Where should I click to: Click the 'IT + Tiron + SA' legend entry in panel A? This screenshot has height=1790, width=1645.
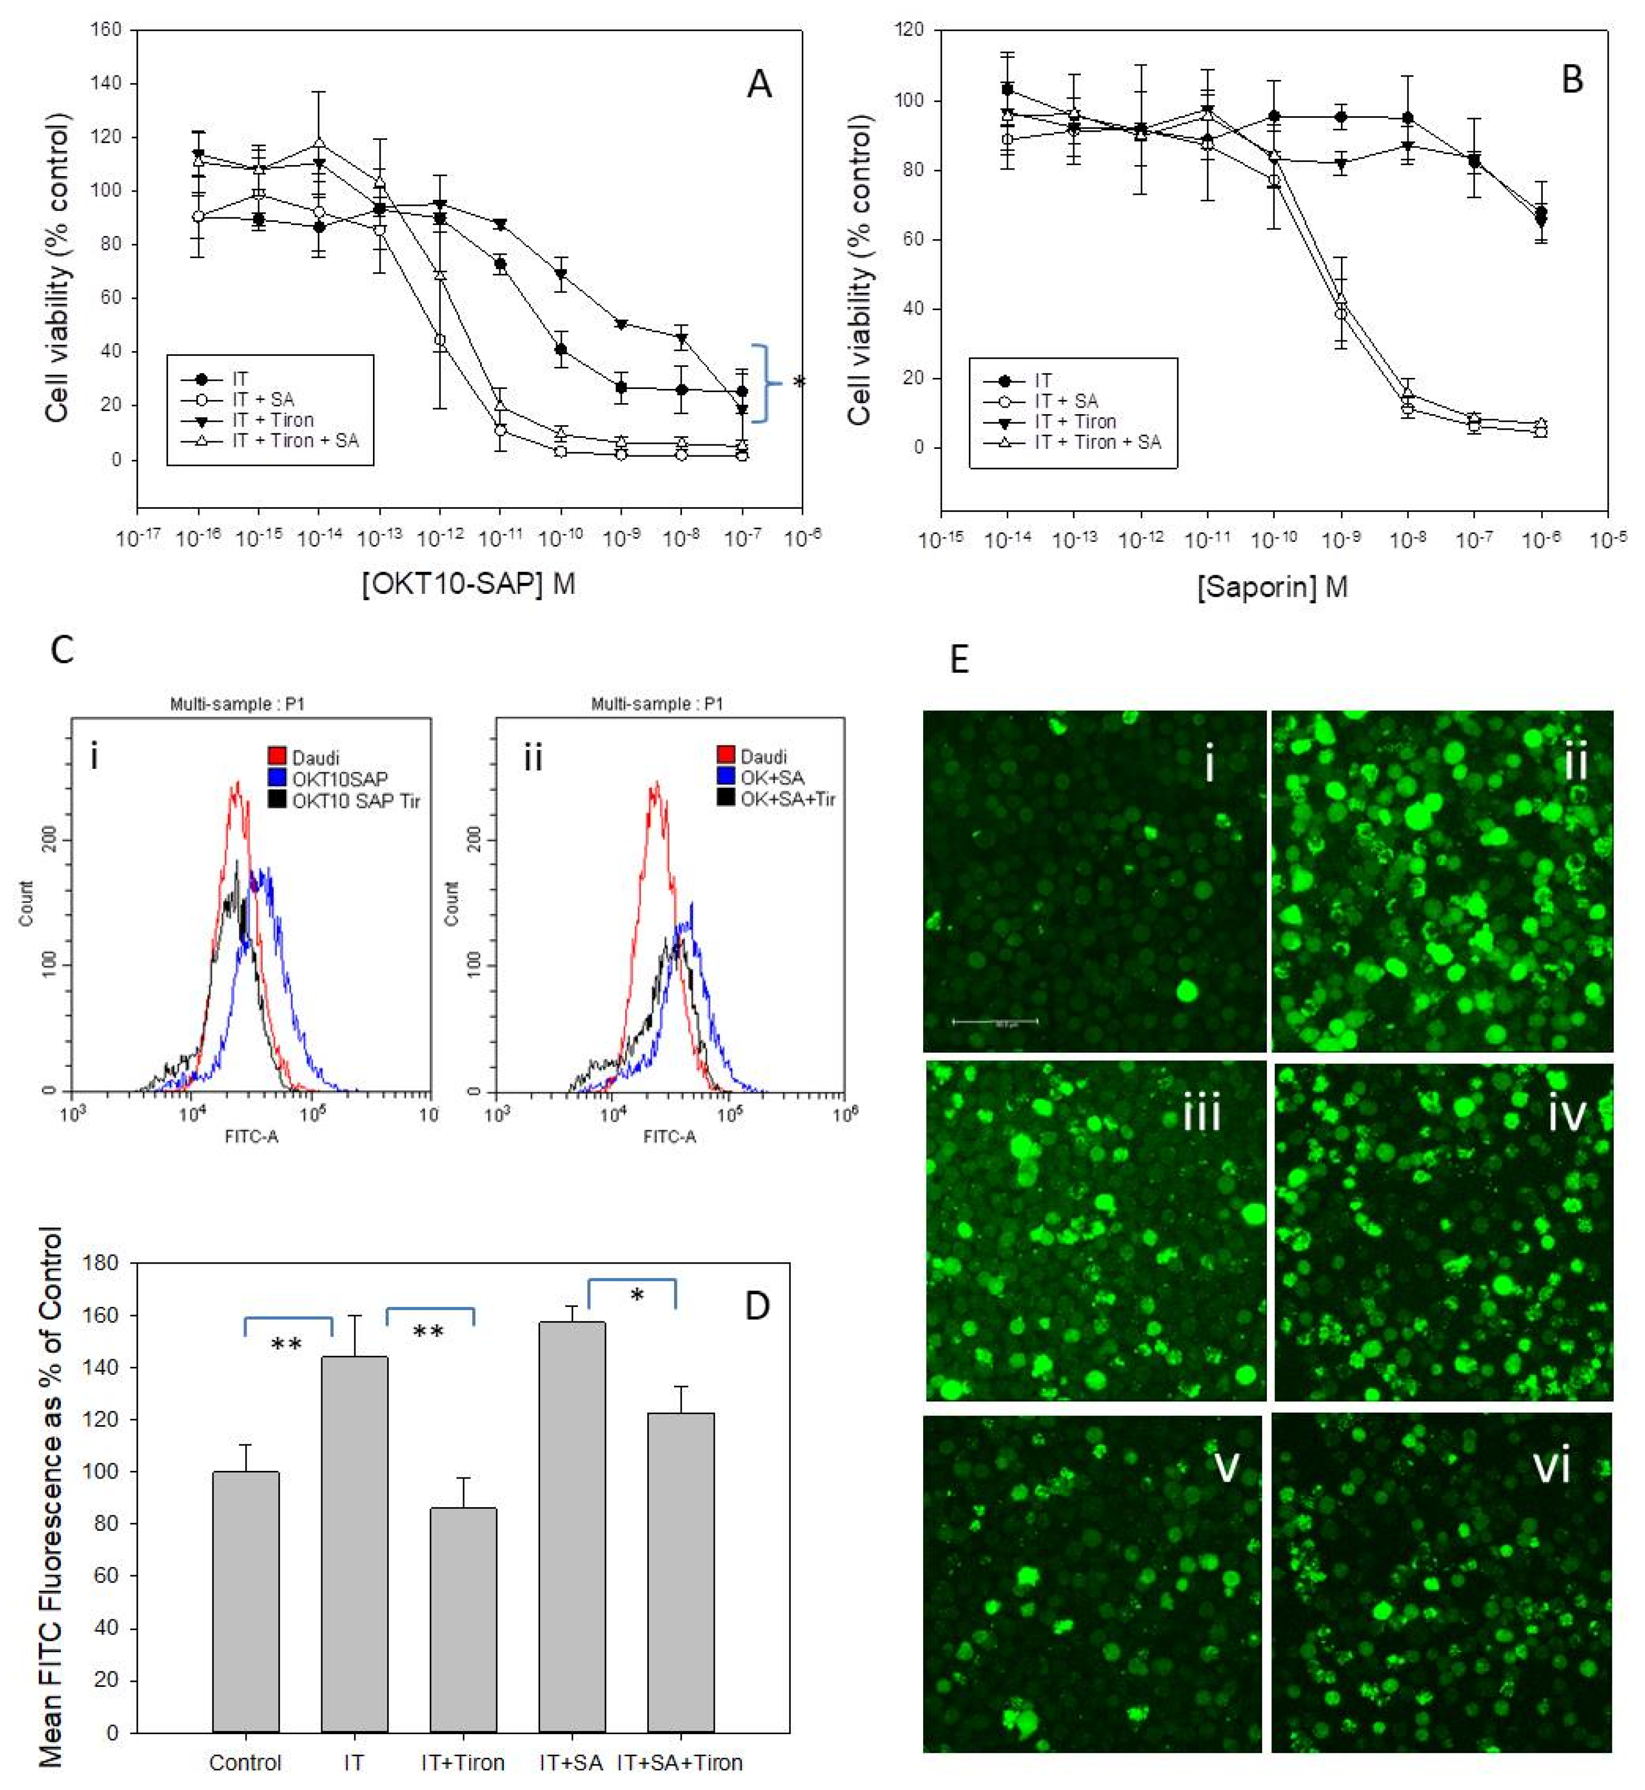294,441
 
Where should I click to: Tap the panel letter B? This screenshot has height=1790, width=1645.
1572,80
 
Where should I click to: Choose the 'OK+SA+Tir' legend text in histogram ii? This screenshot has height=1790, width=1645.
788,799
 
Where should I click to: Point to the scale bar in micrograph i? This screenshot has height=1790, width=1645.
995,1022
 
